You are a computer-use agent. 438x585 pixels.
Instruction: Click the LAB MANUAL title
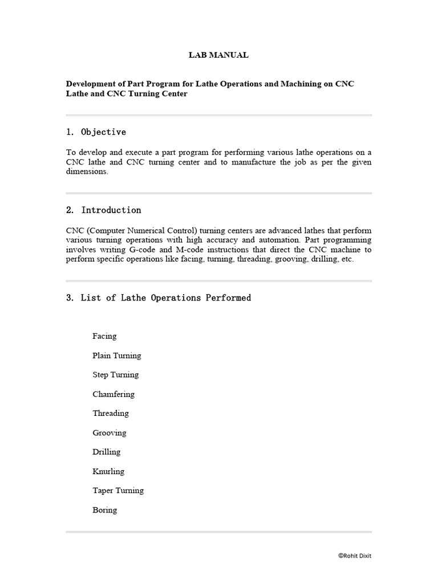coord(218,55)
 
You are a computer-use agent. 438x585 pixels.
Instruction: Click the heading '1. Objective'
coord(96,132)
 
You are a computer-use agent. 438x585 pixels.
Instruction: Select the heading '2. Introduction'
coord(103,210)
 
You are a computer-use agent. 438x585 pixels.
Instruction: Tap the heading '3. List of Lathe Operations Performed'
coord(159,298)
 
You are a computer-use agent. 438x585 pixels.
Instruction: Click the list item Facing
coord(104,336)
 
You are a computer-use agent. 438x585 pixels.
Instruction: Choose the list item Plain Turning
coord(116,355)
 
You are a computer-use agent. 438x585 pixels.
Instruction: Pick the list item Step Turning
coord(115,375)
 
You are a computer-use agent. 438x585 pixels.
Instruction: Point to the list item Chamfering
coord(113,394)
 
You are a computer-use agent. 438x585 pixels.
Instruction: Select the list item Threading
coord(111,413)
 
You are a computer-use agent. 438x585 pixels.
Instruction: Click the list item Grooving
coord(109,432)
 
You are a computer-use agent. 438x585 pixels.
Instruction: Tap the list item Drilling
coord(107,452)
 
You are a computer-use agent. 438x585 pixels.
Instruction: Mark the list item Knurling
coord(108,471)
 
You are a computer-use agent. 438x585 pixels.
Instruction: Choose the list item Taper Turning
coord(118,490)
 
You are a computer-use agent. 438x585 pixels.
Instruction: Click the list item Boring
coord(104,510)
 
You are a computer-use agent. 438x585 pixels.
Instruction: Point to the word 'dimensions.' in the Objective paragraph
coord(87,172)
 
